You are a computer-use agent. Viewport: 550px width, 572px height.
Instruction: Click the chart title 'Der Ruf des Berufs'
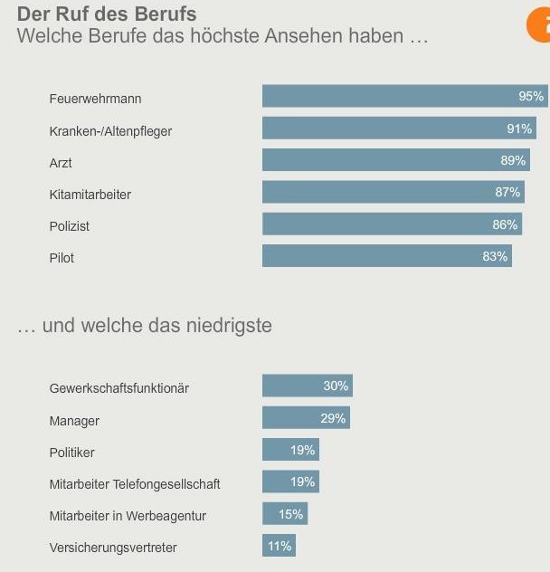click(x=107, y=14)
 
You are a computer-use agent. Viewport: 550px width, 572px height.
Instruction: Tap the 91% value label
click(x=518, y=129)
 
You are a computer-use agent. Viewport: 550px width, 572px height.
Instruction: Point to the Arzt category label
click(x=61, y=163)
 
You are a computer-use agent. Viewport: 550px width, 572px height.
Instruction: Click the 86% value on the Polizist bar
click(x=505, y=224)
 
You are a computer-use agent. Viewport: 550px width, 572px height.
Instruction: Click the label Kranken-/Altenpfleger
click(x=110, y=131)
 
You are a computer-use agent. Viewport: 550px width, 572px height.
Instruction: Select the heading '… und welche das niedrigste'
click(x=145, y=326)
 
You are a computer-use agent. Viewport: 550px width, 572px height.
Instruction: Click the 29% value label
click(x=333, y=419)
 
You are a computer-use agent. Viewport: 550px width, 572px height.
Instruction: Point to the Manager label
click(x=74, y=421)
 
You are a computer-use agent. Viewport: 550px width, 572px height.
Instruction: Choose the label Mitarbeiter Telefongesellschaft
click(x=135, y=484)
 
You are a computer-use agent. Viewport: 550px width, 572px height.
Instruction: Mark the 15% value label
click(x=291, y=514)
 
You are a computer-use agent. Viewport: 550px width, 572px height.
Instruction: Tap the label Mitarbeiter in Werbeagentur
click(x=128, y=516)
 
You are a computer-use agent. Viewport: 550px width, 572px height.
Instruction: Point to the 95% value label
click(x=531, y=97)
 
